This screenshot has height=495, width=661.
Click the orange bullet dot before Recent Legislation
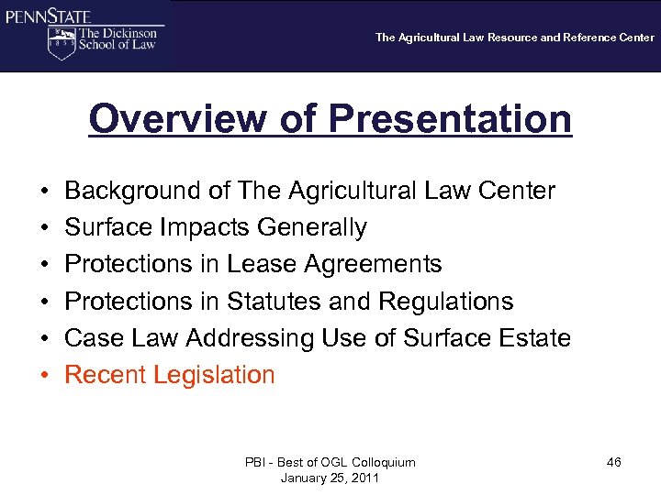(x=45, y=376)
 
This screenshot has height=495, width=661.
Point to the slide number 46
(x=613, y=462)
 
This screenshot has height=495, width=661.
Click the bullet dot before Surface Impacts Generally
(x=45, y=228)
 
